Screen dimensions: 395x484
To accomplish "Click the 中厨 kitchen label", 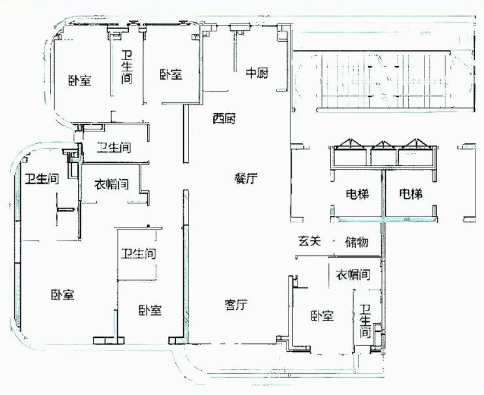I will click(x=257, y=73).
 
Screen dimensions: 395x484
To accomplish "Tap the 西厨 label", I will click(x=224, y=119).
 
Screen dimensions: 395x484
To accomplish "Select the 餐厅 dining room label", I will click(x=246, y=178).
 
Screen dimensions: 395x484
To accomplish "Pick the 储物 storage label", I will click(x=356, y=242).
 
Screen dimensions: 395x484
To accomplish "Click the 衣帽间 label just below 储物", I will click(x=353, y=275).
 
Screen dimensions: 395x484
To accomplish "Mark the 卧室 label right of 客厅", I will click(x=322, y=317).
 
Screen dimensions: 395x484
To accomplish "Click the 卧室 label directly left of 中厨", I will click(x=171, y=75).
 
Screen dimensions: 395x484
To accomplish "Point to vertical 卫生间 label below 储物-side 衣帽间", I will click(x=364, y=321).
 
